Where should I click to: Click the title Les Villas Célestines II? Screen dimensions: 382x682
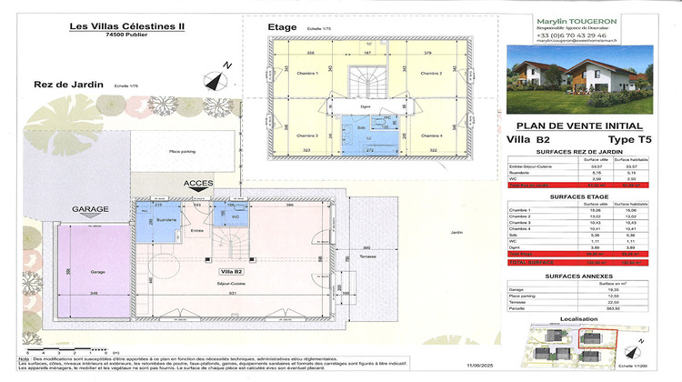pyautogui.click(x=127, y=25)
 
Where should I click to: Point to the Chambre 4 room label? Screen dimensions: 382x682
pyautogui.click(x=431, y=135)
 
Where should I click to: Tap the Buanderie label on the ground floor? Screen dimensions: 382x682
pyautogui.click(x=165, y=220)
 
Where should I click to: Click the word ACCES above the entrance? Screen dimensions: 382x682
pyautogui.click(x=198, y=183)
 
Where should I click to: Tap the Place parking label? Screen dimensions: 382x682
pyautogui.click(x=184, y=151)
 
